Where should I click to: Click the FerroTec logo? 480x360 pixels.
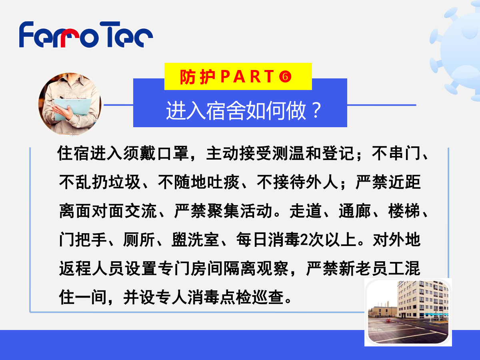[x=86, y=34]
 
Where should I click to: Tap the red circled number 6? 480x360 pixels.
[x=285, y=76]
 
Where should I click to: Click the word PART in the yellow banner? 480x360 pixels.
[x=247, y=76]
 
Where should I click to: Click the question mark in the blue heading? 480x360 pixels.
[x=316, y=110]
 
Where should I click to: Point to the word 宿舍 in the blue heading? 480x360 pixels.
[x=226, y=111]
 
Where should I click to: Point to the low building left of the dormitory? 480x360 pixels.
[x=382, y=312]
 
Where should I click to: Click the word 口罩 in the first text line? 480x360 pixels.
[x=173, y=154]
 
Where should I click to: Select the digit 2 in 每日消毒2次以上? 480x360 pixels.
[x=304, y=240]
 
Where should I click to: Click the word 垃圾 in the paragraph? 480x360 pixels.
[x=124, y=182]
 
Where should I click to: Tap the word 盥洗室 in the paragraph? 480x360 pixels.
[x=195, y=240]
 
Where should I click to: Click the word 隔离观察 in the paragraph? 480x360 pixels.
[x=256, y=269]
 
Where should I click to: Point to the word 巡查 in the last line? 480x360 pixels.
[x=268, y=297]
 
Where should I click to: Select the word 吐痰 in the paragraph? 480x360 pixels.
[x=223, y=182]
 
